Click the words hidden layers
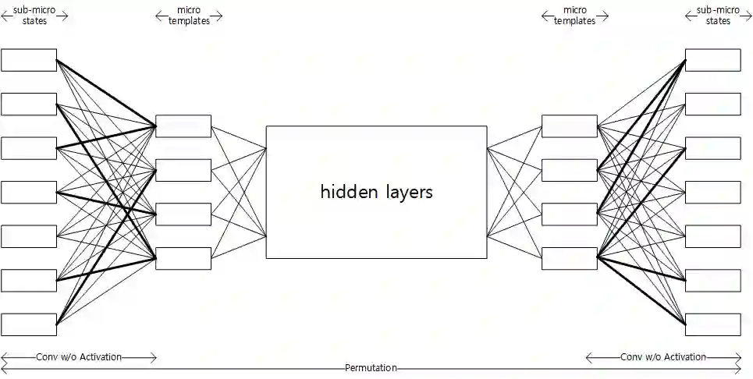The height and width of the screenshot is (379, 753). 376,192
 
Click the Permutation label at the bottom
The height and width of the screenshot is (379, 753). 371,368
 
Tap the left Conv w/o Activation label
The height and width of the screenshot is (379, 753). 79,357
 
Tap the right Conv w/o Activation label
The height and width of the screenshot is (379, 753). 663,357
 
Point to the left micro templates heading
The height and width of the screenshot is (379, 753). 189,15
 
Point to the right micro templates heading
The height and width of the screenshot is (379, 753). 574,15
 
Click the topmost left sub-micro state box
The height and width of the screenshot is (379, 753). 29,60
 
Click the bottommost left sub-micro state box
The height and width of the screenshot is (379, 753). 29,324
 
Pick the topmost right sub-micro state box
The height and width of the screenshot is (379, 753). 712,60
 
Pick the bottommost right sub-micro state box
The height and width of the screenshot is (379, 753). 712,324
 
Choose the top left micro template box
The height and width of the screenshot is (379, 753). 183,126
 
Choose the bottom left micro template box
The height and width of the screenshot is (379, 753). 183,258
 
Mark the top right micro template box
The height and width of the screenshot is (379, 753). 569,126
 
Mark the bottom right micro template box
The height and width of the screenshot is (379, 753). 569,258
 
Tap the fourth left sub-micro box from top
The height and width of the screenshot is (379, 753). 29,192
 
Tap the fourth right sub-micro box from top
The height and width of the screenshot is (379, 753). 712,192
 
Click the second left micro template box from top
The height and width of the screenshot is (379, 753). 183,170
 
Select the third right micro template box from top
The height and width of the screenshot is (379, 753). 569,214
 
